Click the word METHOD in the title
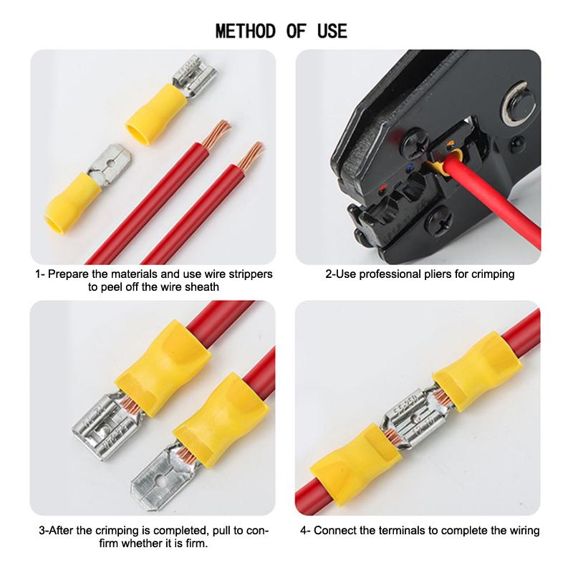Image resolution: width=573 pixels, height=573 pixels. coord(246,31)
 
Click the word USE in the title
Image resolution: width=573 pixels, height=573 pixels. coord(332,31)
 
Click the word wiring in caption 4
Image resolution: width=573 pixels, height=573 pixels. coord(523,531)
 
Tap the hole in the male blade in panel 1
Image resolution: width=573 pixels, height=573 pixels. coord(109,163)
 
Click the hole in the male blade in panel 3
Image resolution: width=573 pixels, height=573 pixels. coord(160,478)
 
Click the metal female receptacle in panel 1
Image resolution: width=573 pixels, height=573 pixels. coord(193,75)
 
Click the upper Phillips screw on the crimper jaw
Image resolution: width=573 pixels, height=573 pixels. coord(415,140)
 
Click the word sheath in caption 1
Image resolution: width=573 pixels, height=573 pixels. coord(202,287)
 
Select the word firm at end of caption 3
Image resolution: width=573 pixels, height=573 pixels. coord(196,544)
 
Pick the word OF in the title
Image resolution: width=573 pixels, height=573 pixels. coord(296,31)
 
